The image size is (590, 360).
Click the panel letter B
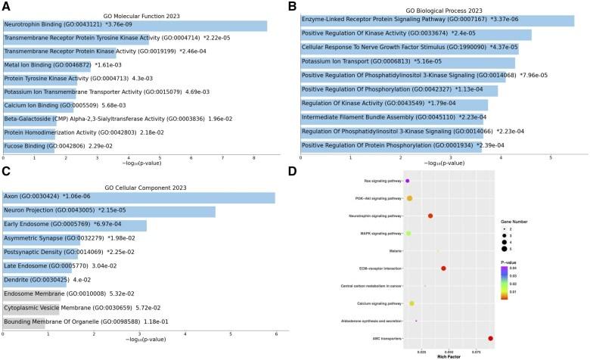[292, 6]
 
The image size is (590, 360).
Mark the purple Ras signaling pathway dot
[407, 182]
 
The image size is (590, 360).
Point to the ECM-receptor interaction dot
[443, 268]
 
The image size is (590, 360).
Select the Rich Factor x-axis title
[449, 355]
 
